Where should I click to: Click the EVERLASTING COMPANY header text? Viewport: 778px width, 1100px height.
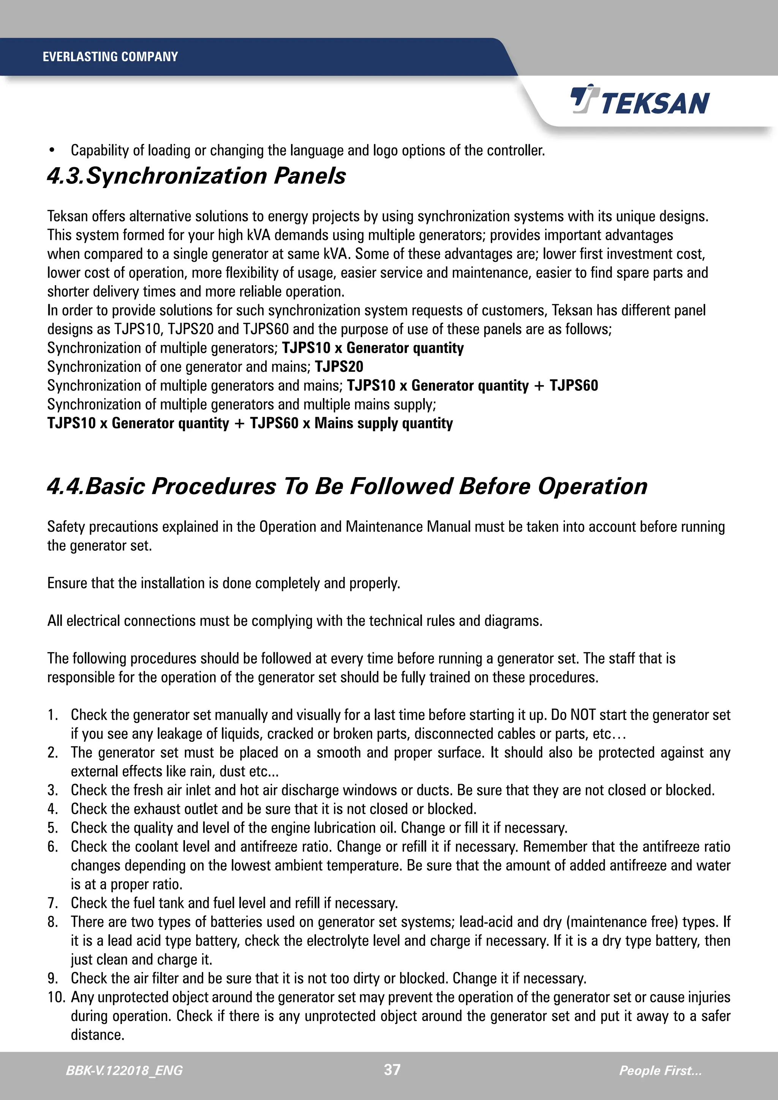(110, 57)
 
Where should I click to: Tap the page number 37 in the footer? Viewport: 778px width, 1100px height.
(392, 1069)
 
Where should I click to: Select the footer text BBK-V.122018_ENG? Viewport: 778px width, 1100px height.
(124, 1070)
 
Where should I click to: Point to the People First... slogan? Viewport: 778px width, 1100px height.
(660, 1070)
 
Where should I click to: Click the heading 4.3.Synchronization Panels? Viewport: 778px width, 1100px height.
(196, 176)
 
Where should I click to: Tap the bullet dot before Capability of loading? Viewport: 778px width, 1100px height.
(52, 150)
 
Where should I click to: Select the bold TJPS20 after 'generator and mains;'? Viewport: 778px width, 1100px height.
(339, 367)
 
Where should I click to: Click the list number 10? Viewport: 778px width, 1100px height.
(56, 997)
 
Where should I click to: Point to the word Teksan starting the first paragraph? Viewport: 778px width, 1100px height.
(67, 216)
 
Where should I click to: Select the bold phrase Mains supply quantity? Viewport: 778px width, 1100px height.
(383, 424)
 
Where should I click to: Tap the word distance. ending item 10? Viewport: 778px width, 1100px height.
(98, 1035)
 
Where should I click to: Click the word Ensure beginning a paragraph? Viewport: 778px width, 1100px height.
(67, 583)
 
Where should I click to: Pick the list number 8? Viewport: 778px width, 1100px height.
(53, 922)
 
